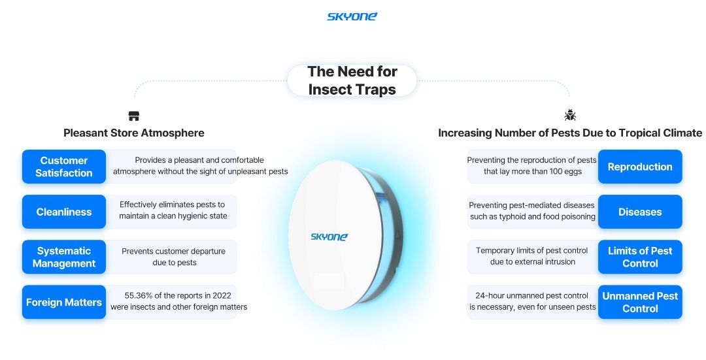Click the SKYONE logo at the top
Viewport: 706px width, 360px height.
point(352,16)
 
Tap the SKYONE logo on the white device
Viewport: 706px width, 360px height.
point(329,237)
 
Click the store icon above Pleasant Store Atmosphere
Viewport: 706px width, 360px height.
point(134,116)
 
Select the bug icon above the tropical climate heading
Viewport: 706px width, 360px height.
point(570,115)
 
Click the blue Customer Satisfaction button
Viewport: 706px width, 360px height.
point(64,167)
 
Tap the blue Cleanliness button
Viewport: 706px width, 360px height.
point(64,212)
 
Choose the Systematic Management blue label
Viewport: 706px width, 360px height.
point(64,257)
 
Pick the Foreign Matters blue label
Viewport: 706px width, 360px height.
point(64,303)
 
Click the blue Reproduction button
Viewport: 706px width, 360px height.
point(640,167)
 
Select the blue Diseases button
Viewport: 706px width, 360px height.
point(640,212)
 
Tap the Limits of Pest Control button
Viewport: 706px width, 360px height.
point(640,257)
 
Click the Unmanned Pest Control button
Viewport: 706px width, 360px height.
point(640,303)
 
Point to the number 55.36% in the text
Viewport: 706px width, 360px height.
point(138,296)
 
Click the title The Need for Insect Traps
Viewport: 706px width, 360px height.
point(352,80)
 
